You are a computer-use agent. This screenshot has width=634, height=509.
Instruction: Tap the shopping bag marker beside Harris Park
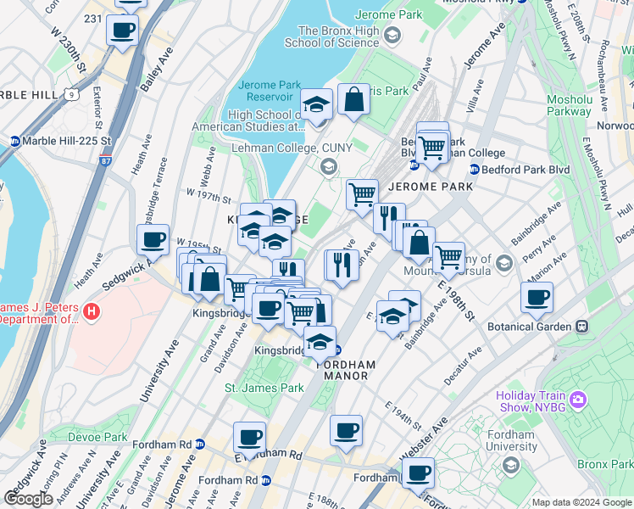click(353, 100)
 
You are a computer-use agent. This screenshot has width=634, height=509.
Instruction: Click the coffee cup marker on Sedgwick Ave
click(153, 239)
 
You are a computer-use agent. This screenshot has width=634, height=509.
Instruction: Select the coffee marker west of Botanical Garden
click(537, 297)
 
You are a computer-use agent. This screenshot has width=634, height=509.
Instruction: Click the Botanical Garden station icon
click(582, 327)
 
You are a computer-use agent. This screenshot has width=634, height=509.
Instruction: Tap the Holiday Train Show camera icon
click(578, 399)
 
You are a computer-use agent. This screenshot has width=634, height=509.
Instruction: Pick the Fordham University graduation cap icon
click(511, 464)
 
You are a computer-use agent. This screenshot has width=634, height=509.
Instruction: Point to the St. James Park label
click(264, 388)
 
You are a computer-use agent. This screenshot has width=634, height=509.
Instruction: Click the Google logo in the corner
click(28, 498)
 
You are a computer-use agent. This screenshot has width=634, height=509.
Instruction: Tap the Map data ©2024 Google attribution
click(581, 502)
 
